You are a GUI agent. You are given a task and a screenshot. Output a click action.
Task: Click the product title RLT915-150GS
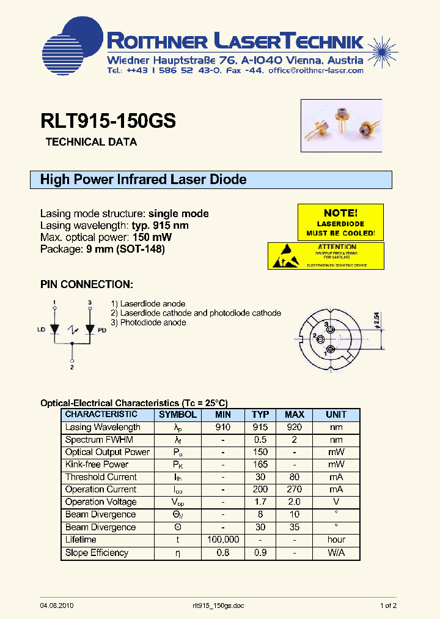pos(108,120)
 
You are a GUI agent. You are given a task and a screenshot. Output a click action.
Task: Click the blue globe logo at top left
pos(72,46)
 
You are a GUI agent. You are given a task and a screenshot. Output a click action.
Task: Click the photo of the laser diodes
pos(342,125)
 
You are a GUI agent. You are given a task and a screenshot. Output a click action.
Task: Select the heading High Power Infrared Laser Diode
pos(143,179)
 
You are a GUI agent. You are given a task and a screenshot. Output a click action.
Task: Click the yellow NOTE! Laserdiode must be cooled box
pos(340,223)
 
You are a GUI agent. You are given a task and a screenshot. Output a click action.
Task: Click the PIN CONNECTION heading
pos(86,284)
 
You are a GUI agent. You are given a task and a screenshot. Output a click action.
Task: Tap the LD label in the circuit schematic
pos(42,330)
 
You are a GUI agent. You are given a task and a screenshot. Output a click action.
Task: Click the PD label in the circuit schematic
pos(102,330)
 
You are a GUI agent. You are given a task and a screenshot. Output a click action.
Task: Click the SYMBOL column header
pos(178,414)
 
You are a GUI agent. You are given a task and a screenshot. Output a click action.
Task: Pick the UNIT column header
pos(336,414)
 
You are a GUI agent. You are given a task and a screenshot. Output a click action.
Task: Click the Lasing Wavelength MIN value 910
pos(223,427)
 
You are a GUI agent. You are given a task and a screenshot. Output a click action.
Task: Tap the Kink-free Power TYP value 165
pos(260,464)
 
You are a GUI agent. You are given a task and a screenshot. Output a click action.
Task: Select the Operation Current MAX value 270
pos(295,489)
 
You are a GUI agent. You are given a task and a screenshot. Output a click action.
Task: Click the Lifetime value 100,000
pos(223,539)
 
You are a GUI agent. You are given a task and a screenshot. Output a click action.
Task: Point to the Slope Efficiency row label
pos(97,552)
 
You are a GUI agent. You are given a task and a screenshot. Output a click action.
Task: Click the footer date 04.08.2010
pos(57,606)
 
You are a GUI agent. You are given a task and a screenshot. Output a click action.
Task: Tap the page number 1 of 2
pos(389,606)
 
